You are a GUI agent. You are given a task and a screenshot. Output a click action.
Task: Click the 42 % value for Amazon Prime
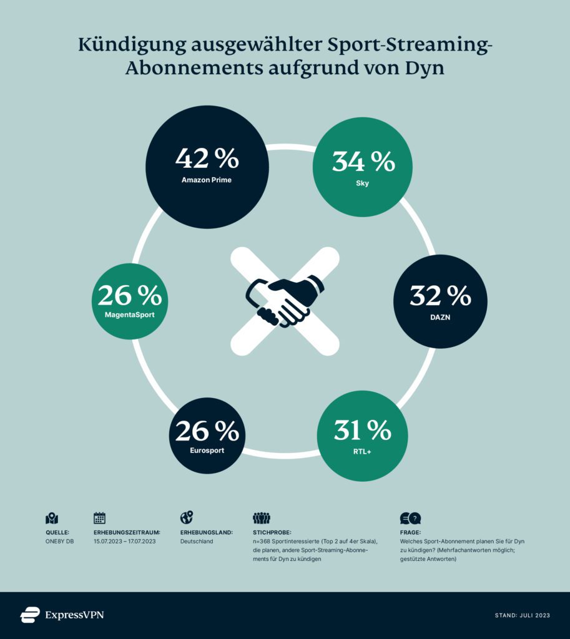207,159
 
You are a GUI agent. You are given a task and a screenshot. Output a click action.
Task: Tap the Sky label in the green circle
363,183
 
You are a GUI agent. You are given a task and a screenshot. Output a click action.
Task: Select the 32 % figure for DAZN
440,296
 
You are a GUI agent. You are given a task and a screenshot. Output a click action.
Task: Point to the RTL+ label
363,452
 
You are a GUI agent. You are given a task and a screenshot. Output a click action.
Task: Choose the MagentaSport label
129,315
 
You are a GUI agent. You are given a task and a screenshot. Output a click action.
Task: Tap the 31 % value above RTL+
363,431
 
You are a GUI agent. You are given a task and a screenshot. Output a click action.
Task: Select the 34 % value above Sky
363,162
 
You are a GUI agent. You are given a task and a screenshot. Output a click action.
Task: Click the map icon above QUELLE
52,518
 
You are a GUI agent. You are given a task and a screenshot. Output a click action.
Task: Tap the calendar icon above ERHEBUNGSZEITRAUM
99,517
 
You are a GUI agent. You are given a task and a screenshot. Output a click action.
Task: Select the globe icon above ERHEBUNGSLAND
186,517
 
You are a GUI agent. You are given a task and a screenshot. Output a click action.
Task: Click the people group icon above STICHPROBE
261,518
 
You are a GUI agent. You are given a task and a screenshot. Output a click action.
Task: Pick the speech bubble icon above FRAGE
410,518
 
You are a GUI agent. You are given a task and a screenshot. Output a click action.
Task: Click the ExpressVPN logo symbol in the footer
30,615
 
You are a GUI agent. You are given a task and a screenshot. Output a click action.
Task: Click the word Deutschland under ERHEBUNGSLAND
196,541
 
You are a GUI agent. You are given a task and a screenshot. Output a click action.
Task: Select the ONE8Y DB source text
60,541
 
